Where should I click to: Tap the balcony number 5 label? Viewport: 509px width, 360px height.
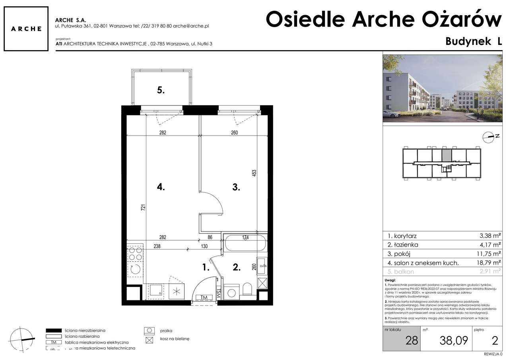(160, 90)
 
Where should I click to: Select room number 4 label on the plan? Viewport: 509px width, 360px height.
(160, 187)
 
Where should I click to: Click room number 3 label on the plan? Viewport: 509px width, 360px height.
(236, 187)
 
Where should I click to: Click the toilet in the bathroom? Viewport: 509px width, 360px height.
(247, 289)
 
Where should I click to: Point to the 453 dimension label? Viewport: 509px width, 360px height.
(254, 173)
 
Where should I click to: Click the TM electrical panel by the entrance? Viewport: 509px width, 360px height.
(204, 297)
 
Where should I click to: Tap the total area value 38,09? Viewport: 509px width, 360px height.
(454, 340)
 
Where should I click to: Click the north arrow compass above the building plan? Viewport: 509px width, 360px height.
(489, 137)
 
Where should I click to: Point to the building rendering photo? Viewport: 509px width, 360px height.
(442, 88)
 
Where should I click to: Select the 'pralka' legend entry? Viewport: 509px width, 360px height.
(166, 331)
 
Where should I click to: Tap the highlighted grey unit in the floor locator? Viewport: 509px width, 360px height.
(447, 155)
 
